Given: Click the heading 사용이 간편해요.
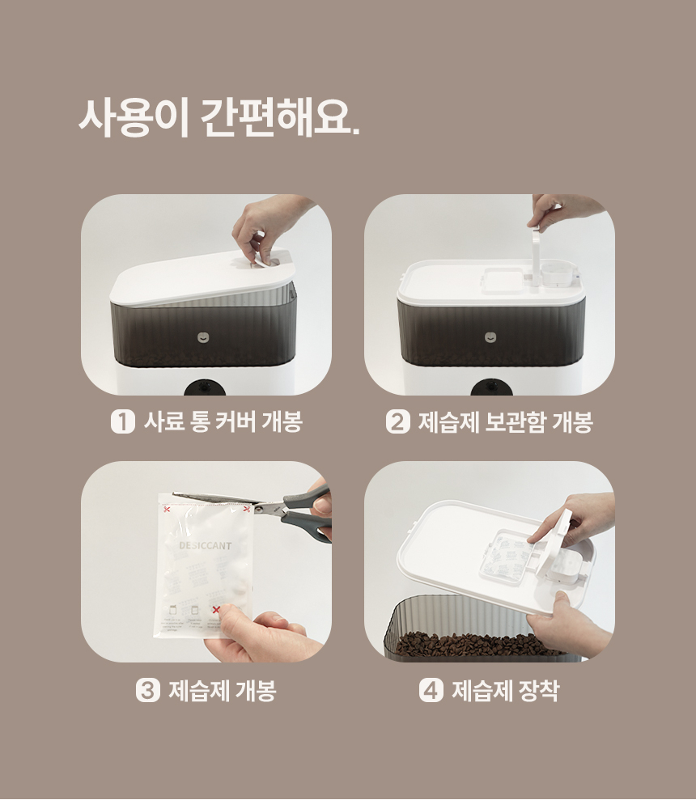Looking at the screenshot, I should (x=219, y=118).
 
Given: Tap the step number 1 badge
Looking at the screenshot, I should (x=122, y=422).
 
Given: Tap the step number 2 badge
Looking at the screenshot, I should (x=397, y=422).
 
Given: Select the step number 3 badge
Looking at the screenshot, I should (x=147, y=691).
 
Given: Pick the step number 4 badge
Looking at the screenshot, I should (x=431, y=691).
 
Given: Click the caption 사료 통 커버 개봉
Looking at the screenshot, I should (x=223, y=422).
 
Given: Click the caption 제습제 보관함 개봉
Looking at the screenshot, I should (x=505, y=422).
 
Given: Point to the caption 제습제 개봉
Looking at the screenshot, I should (x=223, y=691).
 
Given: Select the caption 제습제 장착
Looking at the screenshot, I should (x=505, y=691).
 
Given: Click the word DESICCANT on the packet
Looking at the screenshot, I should (x=205, y=546).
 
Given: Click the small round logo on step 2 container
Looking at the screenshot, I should (x=490, y=337).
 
